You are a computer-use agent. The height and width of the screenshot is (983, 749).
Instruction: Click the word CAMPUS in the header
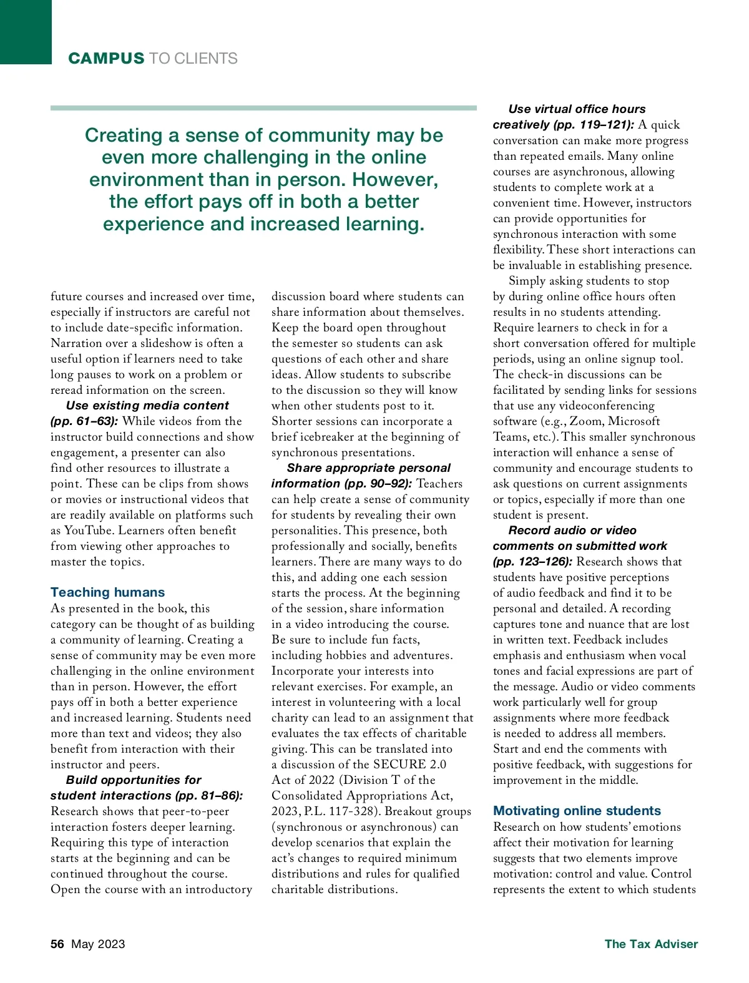tap(106, 59)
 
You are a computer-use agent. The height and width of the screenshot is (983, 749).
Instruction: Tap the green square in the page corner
tap(26, 31)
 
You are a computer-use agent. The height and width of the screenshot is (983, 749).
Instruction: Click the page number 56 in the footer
tap(57, 944)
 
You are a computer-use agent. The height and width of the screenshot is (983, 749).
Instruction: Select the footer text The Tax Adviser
tap(651, 944)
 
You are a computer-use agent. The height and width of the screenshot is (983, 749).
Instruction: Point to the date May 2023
tap(98, 944)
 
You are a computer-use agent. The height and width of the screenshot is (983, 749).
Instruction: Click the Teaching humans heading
tap(107, 592)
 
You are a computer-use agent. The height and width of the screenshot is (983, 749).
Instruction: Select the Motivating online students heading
tap(577, 811)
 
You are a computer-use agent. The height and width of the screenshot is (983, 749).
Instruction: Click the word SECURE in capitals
tap(399, 765)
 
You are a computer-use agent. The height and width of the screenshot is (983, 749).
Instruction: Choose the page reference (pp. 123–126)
tap(532, 562)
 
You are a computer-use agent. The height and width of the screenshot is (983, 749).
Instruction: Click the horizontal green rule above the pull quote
tap(263, 108)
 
